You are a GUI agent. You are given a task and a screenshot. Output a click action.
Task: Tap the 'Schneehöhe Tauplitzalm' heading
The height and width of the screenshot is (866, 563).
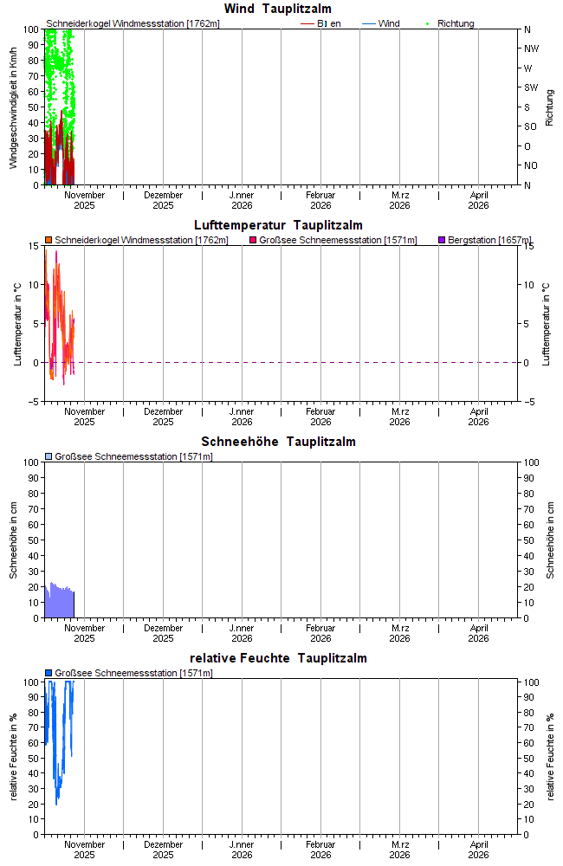(x=278, y=442)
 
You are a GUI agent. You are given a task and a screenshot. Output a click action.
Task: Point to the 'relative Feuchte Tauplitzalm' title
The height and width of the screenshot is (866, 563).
(x=278, y=658)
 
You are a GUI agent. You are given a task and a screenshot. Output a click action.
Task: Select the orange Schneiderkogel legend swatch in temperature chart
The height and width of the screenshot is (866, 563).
(x=49, y=240)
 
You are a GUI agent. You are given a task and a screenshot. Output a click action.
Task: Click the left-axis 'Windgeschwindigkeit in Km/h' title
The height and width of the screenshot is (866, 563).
(x=14, y=107)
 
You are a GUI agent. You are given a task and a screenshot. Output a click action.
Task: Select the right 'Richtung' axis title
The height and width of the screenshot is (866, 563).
(x=549, y=107)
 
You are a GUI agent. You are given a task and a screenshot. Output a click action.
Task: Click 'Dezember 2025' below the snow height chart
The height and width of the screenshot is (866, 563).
(x=163, y=633)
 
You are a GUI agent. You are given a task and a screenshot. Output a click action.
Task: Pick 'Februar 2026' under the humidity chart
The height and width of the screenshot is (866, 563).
(x=320, y=850)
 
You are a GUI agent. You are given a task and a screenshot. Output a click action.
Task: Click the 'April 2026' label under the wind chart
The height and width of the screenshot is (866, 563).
(x=478, y=200)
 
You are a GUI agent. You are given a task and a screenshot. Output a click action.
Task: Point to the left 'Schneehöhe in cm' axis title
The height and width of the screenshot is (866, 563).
(x=14, y=540)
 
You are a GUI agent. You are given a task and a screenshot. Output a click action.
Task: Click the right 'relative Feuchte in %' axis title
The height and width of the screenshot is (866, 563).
(x=549, y=756)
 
